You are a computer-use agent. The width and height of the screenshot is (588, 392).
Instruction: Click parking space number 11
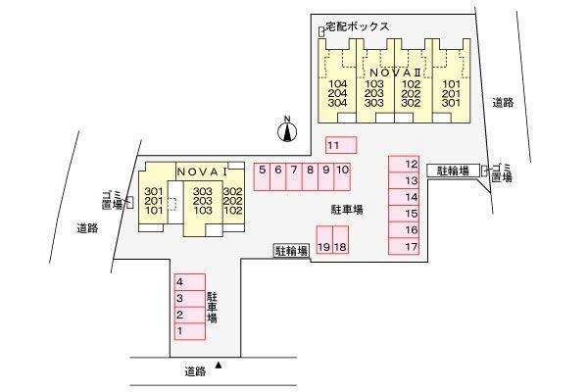point(341,145)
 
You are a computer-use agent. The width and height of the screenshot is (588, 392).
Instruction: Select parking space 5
point(262,176)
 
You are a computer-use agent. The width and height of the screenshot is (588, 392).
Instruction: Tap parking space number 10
point(342,176)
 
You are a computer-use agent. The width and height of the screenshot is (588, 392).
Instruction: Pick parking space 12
point(404,165)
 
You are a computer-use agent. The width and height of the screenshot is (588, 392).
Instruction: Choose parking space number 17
point(404,247)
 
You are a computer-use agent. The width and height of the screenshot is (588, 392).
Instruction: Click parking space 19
point(324,240)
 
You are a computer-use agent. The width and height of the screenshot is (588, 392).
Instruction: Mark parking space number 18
point(340,240)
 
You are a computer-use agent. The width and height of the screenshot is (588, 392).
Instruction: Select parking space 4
point(190,282)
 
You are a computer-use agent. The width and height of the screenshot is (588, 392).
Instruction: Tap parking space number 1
point(190,331)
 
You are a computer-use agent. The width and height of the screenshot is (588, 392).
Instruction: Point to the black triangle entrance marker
point(219,365)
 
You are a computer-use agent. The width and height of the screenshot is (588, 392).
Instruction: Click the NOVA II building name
point(393,73)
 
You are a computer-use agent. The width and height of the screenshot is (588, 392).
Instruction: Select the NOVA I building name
point(202,171)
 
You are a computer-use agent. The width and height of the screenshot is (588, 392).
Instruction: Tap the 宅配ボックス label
point(358,26)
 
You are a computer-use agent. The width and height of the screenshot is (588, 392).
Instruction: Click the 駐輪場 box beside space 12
point(454,171)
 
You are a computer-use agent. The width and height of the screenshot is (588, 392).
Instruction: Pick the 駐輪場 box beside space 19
point(292,251)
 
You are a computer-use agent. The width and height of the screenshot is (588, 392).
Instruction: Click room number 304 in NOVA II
point(337,103)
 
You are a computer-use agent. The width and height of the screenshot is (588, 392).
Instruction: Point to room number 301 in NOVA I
point(154,192)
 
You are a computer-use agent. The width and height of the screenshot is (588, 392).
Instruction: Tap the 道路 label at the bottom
point(195,371)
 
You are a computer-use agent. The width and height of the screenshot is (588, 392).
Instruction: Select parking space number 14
point(404,197)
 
